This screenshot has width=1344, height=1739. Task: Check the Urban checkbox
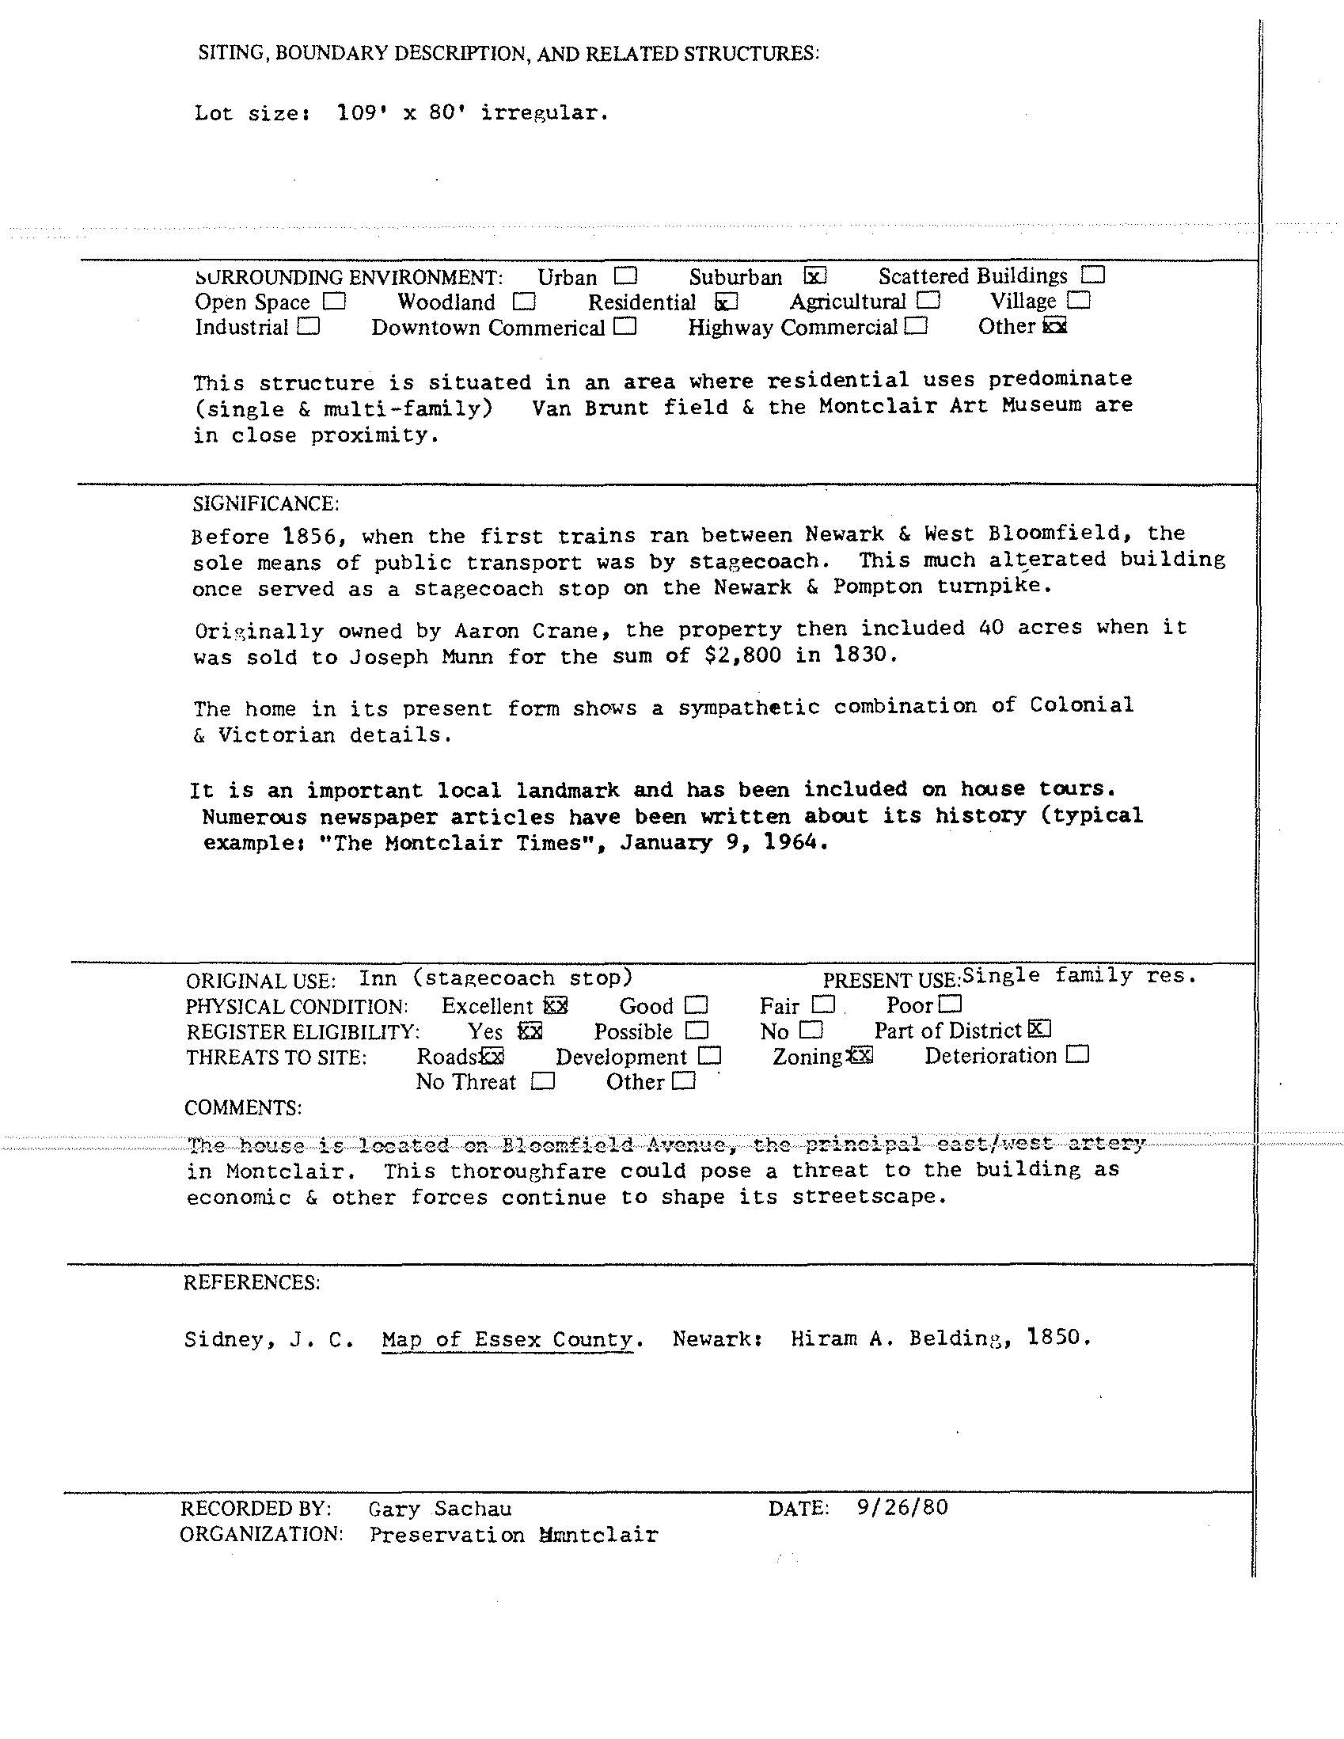626,276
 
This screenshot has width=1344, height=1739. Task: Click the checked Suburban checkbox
815,276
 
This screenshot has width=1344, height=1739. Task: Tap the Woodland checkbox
524,302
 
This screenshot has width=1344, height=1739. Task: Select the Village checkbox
1079,301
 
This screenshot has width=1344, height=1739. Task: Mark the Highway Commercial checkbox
916,326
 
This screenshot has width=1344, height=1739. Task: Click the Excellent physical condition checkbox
556,1006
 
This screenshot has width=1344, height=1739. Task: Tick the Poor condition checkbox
951,1004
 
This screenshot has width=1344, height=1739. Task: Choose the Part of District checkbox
1039,1030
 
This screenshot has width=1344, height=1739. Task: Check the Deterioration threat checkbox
1077,1055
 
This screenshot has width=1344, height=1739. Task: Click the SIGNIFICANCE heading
266,504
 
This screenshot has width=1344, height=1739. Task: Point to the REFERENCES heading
252,1283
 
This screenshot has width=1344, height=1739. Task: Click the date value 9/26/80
902,1508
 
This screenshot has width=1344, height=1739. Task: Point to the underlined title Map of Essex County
507,1339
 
